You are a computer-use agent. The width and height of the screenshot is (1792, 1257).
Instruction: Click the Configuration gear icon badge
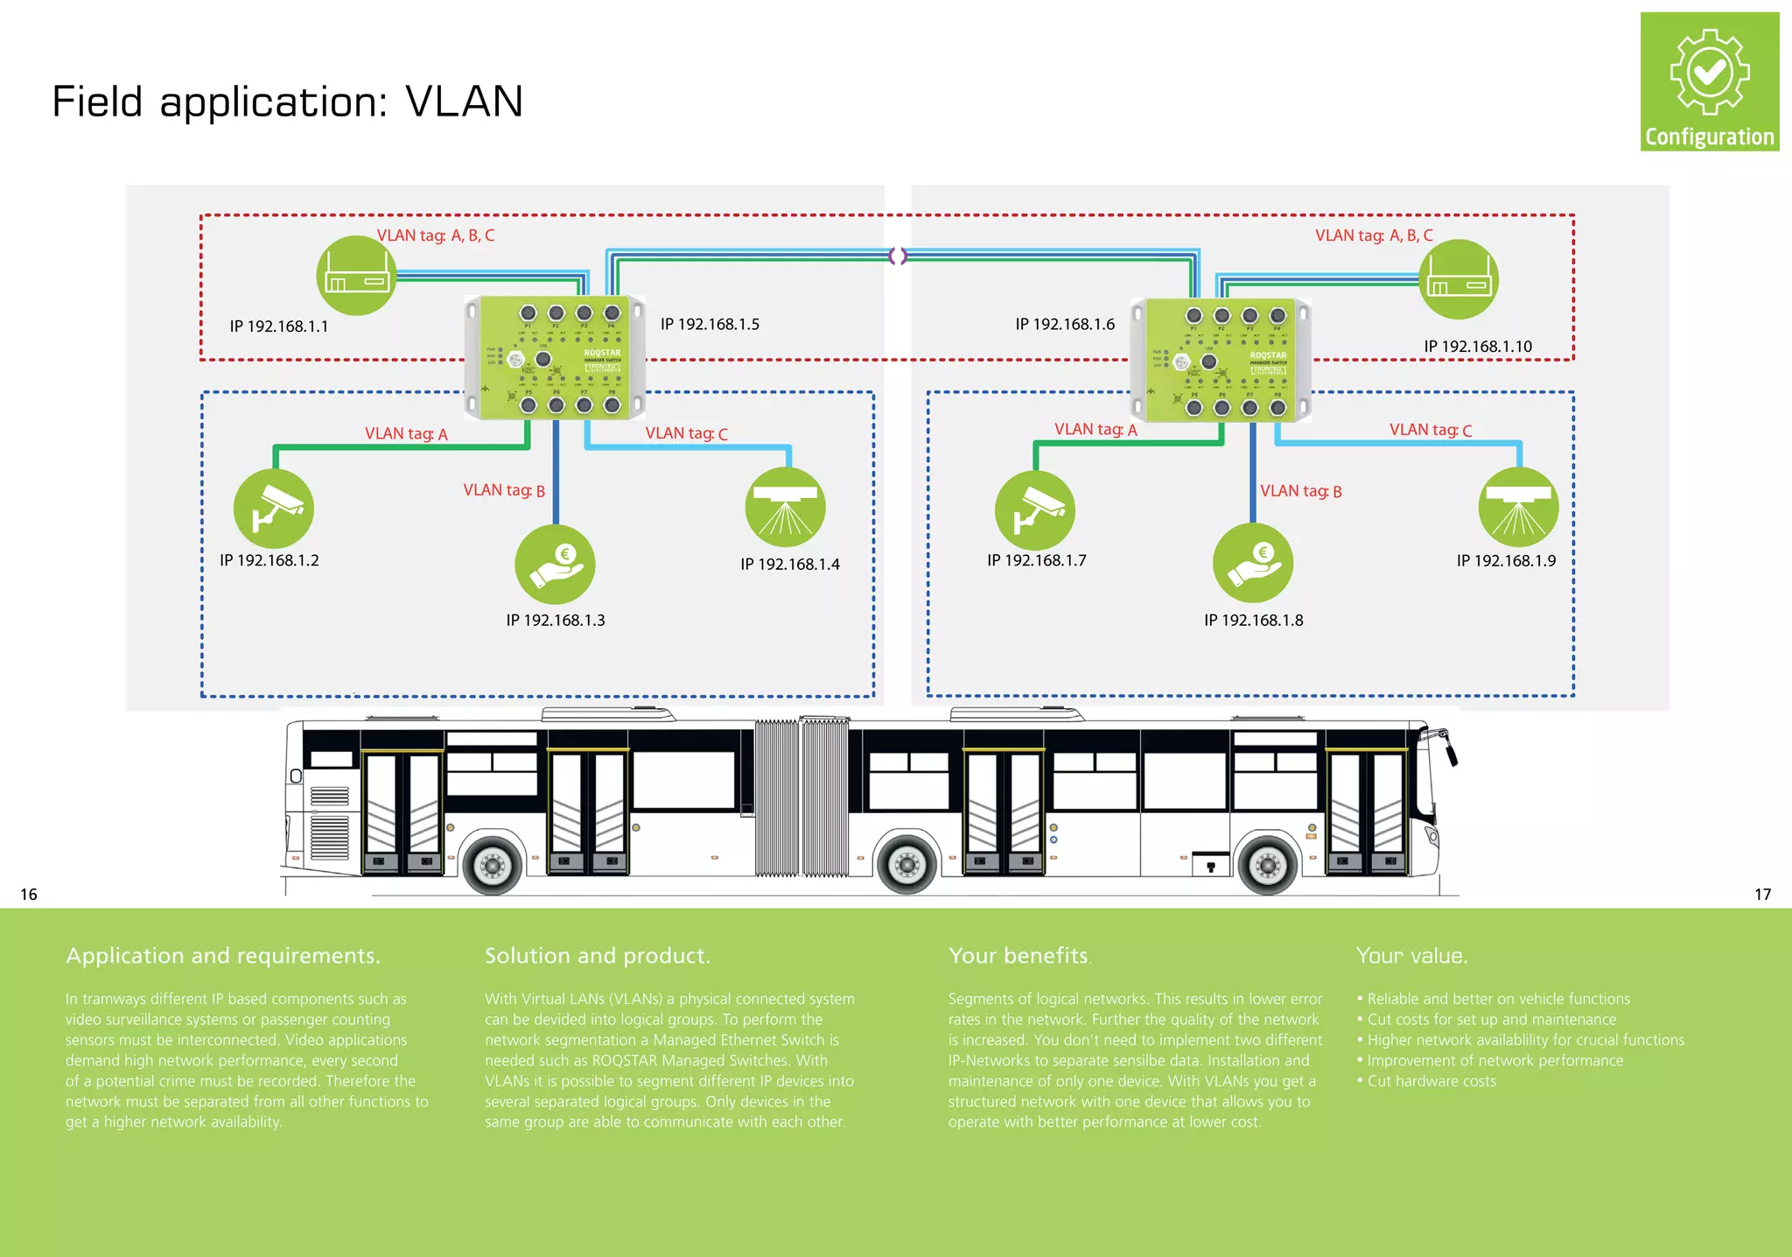tap(1709, 81)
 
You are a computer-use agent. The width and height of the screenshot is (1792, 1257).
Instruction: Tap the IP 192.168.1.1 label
tap(279, 327)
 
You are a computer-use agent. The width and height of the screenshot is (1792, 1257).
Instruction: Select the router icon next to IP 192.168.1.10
tap(1459, 279)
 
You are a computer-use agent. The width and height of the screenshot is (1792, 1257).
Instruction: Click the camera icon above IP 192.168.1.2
tap(274, 509)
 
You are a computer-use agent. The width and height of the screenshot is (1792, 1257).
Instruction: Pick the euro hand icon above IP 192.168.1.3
tap(555, 565)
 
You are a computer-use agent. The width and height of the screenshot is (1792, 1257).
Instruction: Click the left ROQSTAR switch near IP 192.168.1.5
tap(555, 358)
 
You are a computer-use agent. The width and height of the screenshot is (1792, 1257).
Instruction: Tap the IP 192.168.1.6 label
tap(1065, 325)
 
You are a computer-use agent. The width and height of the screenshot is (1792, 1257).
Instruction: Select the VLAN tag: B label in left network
tap(504, 490)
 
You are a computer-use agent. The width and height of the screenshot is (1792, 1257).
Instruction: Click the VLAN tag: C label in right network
tap(1431, 430)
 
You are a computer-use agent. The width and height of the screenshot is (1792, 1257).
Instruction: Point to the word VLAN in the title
tap(465, 102)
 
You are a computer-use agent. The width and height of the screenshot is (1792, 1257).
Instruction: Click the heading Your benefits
tap(1019, 956)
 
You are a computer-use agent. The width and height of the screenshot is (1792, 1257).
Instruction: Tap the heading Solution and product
tap(597, 956)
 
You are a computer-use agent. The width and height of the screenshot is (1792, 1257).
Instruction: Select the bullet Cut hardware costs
tap(1431, 1081)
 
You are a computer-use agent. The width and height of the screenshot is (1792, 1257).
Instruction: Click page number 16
tap(29, 894)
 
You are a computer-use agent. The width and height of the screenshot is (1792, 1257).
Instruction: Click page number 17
tap(1762, 894)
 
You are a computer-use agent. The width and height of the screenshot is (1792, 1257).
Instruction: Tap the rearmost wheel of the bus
tap(492, 866)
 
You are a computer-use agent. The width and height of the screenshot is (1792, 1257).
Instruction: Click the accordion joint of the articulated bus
tap(801, 797)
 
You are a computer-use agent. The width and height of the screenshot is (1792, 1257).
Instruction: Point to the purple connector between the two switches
tap(898, 256)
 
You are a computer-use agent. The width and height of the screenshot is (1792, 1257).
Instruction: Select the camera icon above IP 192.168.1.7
tap(1035, 511)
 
